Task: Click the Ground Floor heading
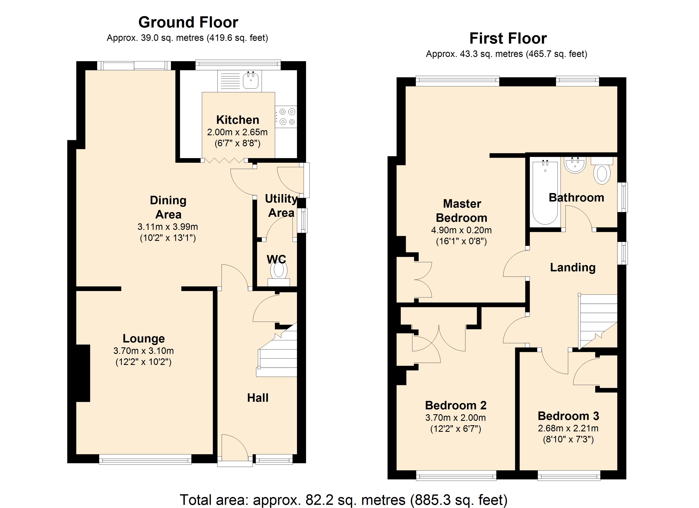coord(188,22)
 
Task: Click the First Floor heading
coord(508,39)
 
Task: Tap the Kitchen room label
coord(238,120)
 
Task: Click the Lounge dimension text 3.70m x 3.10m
coord(144,351)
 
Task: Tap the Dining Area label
coord(168,207)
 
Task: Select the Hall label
coord(258,398)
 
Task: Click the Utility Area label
coord(281,206)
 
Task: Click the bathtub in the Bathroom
coord(545,193)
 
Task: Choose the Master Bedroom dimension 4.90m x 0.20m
coord(461,230)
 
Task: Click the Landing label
coord(573,267)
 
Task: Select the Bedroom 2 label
coord(456,405)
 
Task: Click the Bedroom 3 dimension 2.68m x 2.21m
coord(568,428)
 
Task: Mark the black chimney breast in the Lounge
coord(83,373)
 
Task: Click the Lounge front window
coord(145,461)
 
